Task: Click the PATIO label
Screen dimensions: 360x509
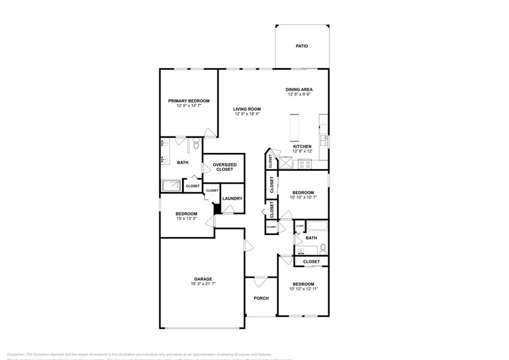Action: [301, 46]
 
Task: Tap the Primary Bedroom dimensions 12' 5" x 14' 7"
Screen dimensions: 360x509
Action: [189, 106]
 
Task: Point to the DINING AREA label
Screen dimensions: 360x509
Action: [300, 89]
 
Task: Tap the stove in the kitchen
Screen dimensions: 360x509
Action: [304, 163]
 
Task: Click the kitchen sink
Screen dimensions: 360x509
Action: [324, 140]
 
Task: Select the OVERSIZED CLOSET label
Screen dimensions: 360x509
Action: [224, 167]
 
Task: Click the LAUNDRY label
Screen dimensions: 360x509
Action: [232, 198]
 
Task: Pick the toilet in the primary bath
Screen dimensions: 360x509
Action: [194, 145]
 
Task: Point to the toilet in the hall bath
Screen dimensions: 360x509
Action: [323, 248]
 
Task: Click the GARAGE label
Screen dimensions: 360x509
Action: [203, 279]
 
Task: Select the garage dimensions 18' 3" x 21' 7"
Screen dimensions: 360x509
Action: [203, 284]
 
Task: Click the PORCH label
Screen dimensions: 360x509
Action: [261, 298]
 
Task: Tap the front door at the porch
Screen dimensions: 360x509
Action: [261, 280]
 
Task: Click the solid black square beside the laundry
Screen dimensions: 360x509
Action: [216, 209]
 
